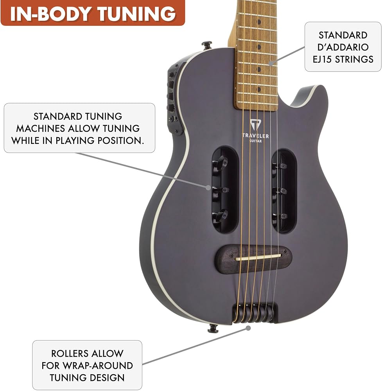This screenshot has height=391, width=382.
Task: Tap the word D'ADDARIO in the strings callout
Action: pos(343,47)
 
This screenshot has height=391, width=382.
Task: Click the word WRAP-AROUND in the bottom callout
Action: pos(98,366)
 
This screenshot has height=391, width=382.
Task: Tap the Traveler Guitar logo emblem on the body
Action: pos(255,125)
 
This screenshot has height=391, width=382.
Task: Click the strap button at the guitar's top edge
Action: pos(207,45)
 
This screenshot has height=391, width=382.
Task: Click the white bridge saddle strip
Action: pos(258,257)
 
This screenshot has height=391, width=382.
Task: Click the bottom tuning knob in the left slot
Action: pos(221,216)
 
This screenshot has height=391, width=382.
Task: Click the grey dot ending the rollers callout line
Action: pos(248,328)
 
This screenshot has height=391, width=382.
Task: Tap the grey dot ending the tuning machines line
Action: pos(208,188)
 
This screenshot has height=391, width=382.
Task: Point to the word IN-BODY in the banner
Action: pos(50,14)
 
